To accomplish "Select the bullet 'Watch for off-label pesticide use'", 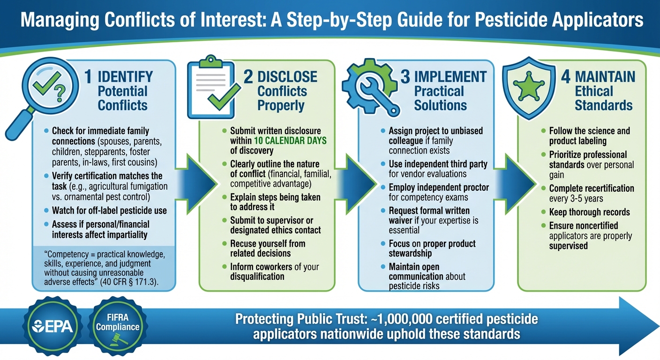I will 109,210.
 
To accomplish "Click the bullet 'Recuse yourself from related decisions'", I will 267,248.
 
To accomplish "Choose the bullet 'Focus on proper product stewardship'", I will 432,248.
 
